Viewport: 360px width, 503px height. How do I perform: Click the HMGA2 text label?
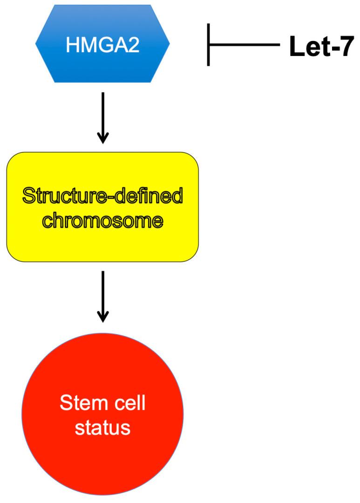click(x=102, y=45)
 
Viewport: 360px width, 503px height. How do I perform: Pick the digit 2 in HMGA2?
click(x=134, y=45)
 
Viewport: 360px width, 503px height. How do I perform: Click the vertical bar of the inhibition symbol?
click(x=208, y=45)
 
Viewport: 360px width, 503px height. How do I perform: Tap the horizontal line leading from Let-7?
click(x=245, y=45)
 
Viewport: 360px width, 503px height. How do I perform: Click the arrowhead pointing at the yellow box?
click(x=102, y=138)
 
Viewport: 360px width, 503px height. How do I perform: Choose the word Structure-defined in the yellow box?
click(x=102, y=197)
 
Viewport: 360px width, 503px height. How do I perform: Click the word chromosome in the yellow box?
click(x=102, y=219)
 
